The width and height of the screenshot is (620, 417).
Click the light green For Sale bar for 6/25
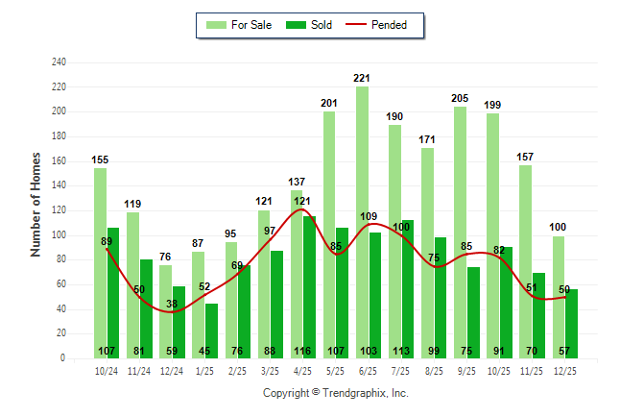[363, 221]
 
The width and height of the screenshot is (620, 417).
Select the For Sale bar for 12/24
[166, 311]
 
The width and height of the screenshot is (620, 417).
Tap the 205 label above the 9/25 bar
[461, 98]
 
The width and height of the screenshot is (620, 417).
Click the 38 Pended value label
[173, 305]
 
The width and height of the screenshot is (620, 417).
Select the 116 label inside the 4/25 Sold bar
[310, 350]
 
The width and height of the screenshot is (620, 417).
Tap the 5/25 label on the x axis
[336, 370]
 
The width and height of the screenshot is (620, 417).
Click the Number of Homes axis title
[36, 205]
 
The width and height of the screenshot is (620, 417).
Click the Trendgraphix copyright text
[336, 393]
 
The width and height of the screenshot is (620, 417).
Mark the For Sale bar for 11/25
[526, 259]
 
